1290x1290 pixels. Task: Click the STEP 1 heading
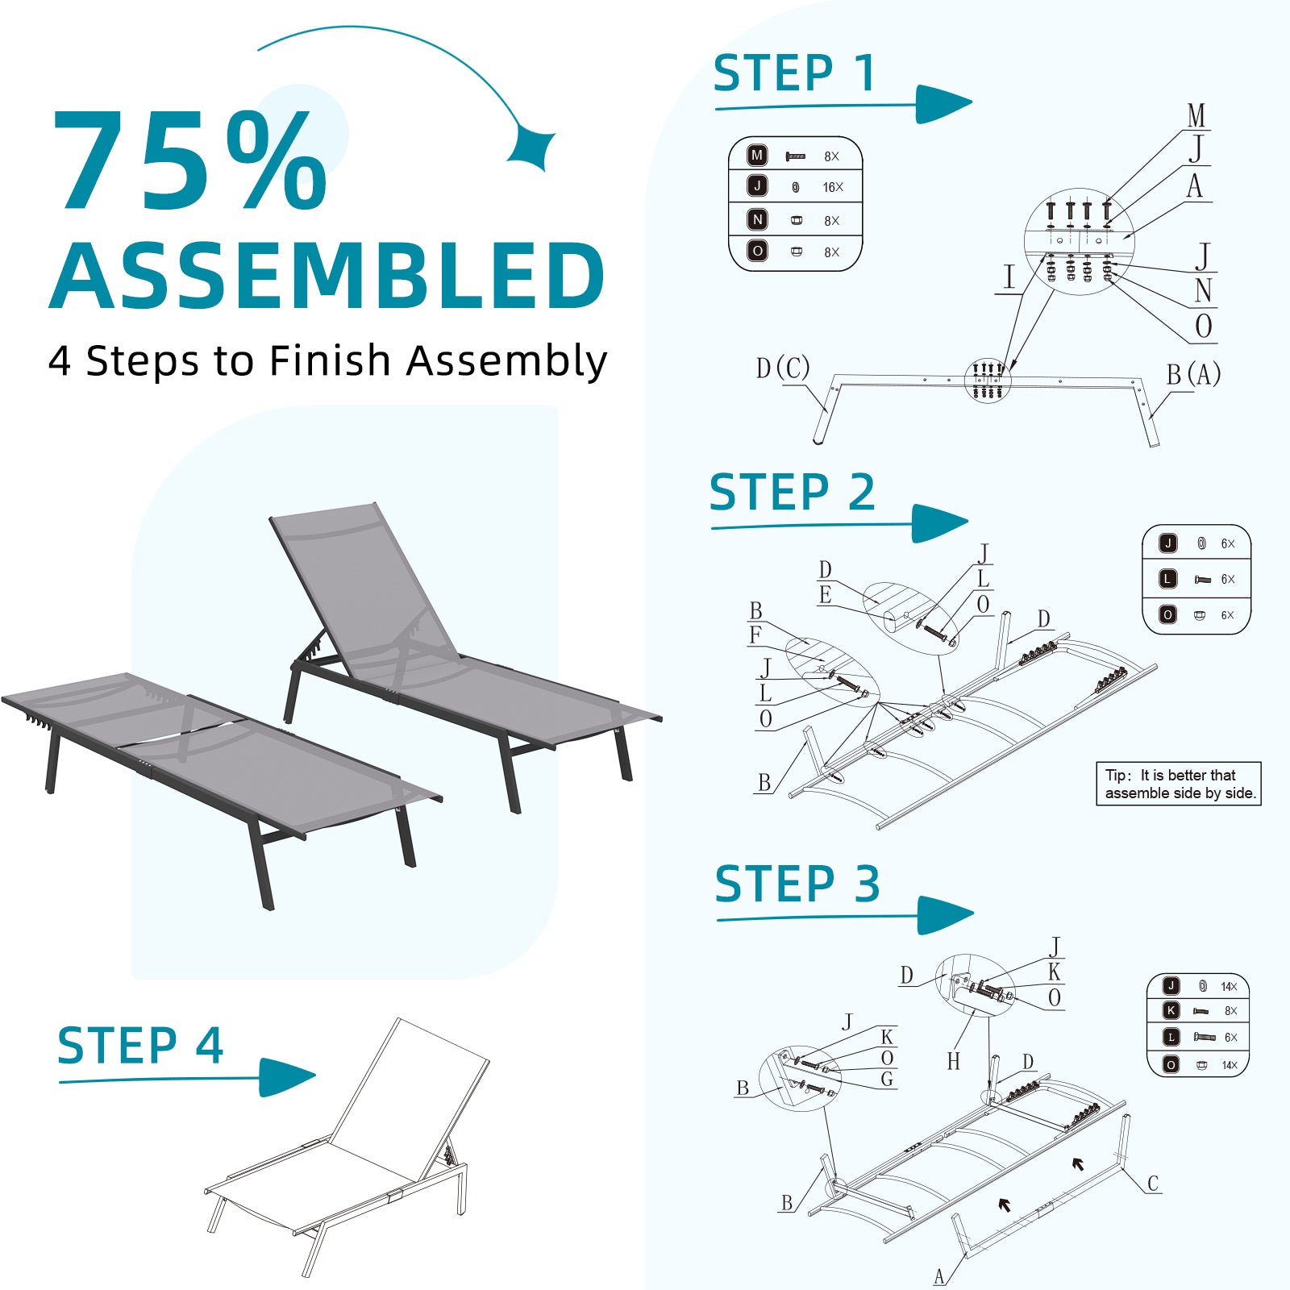794,73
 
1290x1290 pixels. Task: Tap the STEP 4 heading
140,1046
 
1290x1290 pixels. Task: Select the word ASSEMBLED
327,276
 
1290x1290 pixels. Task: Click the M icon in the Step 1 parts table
757,155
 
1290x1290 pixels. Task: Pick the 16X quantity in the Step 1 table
833,187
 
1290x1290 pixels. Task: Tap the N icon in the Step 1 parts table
757,219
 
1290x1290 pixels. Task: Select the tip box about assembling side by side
1179,784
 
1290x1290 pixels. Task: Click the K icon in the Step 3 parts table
1171,1010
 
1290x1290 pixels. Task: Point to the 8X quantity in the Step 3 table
1230,1011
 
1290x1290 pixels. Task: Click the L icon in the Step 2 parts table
1167,579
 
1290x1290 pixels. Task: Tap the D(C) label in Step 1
783,368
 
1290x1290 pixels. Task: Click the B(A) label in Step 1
1193,374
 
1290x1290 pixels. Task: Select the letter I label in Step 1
1009,277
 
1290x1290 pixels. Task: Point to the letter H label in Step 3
954,1061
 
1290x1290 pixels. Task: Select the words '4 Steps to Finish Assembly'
327,361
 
